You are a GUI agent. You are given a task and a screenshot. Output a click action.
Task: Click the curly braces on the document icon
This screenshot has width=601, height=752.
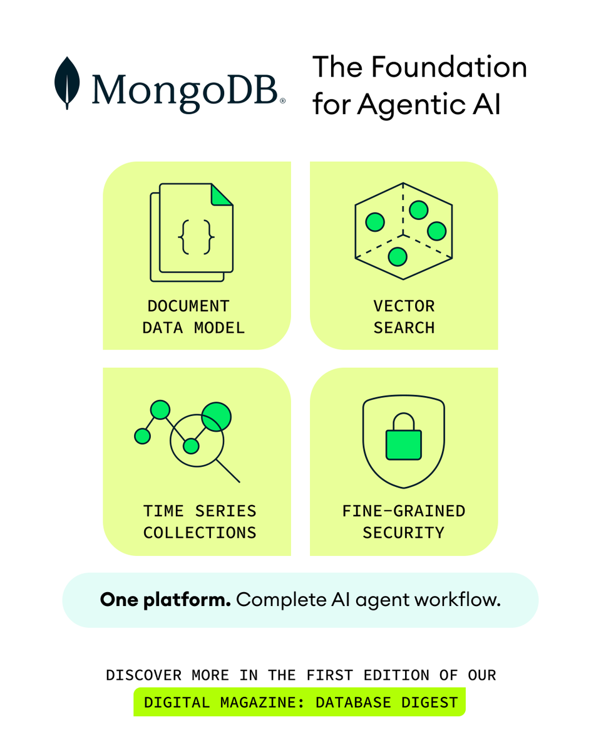tap(197, 236)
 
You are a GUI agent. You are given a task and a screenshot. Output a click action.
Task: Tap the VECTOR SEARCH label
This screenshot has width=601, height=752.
tap(404, 317)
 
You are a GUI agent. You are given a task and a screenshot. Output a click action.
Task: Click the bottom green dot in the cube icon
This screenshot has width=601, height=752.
tap(398, 256)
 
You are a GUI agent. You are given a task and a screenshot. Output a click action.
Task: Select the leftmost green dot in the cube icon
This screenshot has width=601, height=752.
tap(374, 221)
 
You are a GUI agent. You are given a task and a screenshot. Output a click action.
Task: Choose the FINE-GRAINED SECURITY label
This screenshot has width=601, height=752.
tap(404, 522)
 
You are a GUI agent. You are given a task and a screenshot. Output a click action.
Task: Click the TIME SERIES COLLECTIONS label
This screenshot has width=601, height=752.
tap(200, 522)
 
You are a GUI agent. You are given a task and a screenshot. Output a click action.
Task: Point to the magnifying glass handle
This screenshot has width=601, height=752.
tap(228, 471)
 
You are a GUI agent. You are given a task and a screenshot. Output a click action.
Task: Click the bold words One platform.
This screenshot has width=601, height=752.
tap(165, 600)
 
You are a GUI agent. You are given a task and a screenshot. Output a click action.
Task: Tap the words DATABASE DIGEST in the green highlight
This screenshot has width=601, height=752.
tap(386, 702)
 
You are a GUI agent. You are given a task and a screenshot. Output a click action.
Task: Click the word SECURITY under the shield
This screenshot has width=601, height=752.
tap(404, 533)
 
